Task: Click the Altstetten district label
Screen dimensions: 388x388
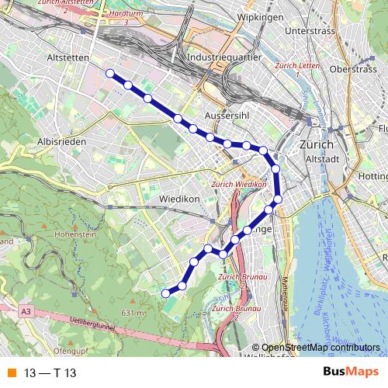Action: click(x=69, y=57)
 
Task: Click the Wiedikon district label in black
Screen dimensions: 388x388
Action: click(x=179, y=199)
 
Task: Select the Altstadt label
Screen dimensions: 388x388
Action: click(x=324, y=159)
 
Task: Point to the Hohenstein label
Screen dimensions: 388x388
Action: click(x=74, y=233)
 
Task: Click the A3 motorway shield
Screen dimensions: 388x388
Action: click(x=27, y=311)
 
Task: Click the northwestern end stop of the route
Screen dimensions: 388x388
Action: click(x=109, y=74)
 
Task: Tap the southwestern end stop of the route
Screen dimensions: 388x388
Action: click(x=165, y=293)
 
